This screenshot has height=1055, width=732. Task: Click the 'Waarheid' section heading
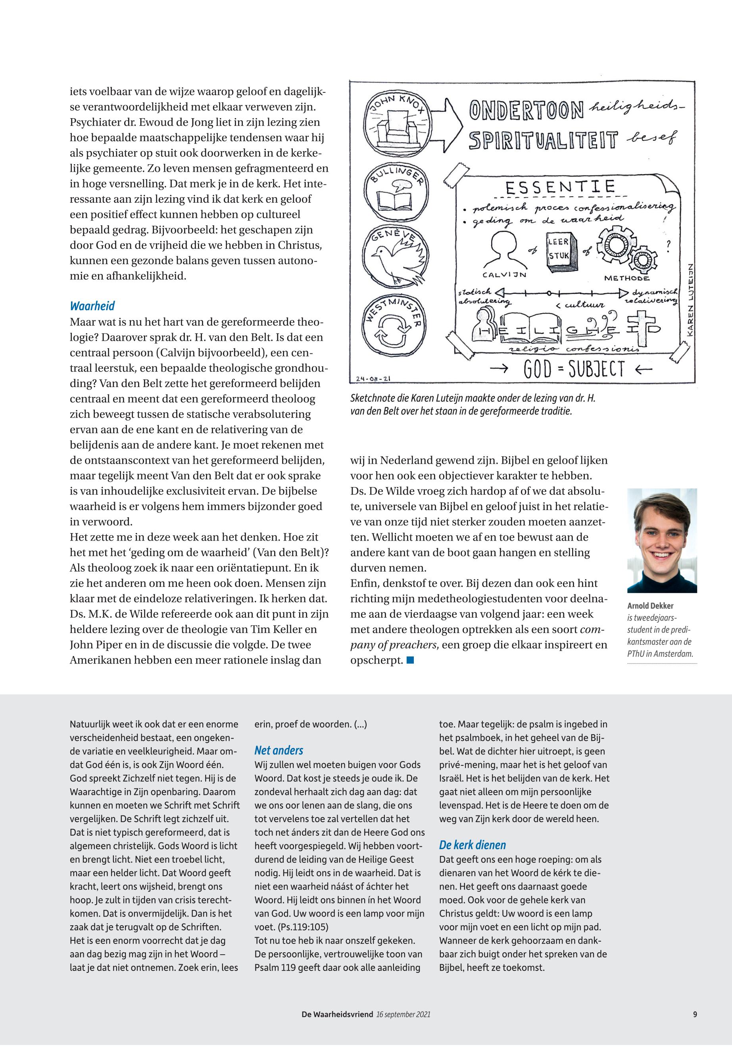pyautogui.click(x=92, y=306)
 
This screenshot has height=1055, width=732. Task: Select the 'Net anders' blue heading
pyautogui.click(x=279, y=750)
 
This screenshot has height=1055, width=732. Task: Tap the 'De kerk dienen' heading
pyautogui.click(x=473, y=845)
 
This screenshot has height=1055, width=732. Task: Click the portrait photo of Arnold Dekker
pyautogui.click(x=662, y=541)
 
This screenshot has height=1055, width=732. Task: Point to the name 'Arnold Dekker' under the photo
pyautogui.click(x=650, y=606)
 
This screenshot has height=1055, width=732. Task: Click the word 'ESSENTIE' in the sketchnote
pyautogui.click(x=559, y=187)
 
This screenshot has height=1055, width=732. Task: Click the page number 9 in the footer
pyautogui.click(x=695, y=1014)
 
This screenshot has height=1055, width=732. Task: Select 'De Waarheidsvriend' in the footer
pyautogui.click(x=337, y=1014)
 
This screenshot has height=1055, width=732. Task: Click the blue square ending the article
pyautogui.click(x=410, y=660)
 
